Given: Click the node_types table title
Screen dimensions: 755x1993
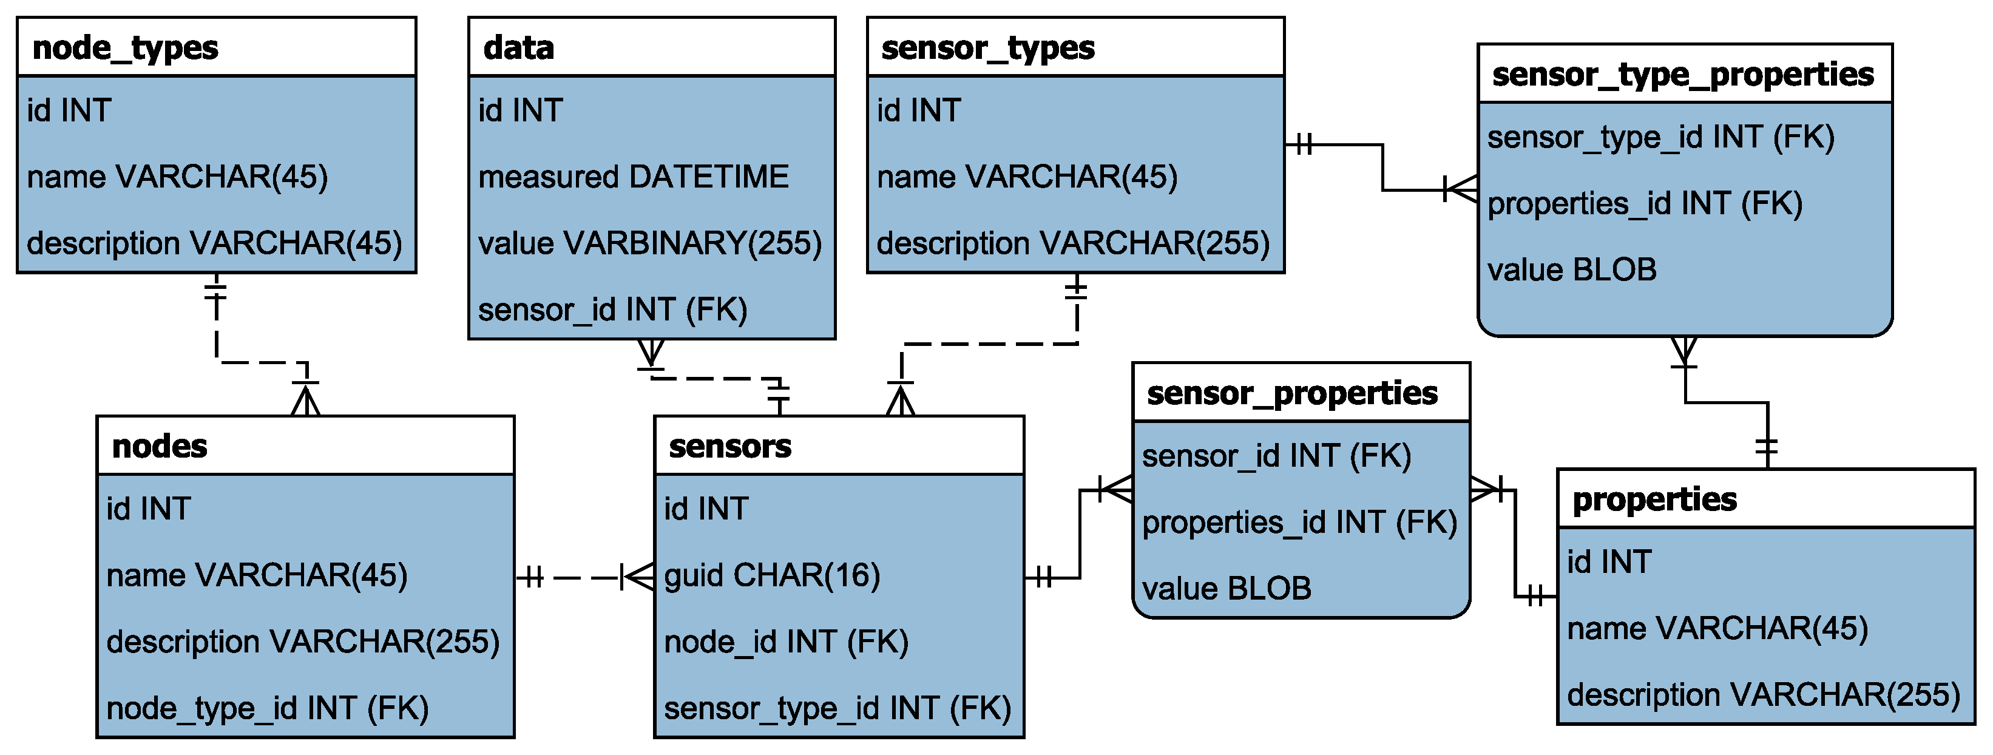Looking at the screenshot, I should tap(126, 48).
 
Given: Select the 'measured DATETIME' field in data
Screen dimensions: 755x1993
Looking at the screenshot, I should tap(633, 177).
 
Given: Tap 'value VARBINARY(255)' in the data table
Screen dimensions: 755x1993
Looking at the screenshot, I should tap(650, 243).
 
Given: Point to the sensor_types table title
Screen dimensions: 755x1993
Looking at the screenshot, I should tap(987, 48).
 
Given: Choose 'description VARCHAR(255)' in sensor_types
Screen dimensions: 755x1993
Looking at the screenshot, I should tap(1073, 243).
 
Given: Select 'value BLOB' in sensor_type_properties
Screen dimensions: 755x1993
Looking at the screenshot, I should tap(1571, 270).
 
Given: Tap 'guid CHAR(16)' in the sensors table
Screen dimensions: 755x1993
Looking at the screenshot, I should tap(772, 575).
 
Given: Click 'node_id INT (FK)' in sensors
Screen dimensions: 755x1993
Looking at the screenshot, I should tap(786, 642).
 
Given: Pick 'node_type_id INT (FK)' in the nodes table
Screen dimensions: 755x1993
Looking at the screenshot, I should tap(267, 709).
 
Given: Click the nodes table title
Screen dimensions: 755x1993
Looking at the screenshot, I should tap(160, 446).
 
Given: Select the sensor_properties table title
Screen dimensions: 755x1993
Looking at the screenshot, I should tap(1292, 394).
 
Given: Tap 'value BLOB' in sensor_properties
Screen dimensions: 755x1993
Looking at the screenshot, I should tap(1227, 589).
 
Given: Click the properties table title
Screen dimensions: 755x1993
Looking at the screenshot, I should tap(1654, 499).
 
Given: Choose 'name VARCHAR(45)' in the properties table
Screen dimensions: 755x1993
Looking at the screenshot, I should tap(1717, 629).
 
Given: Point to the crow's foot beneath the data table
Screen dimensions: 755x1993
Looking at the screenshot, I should tap(651, 354).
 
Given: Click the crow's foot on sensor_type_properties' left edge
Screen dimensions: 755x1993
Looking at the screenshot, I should tap(1461, 189).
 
